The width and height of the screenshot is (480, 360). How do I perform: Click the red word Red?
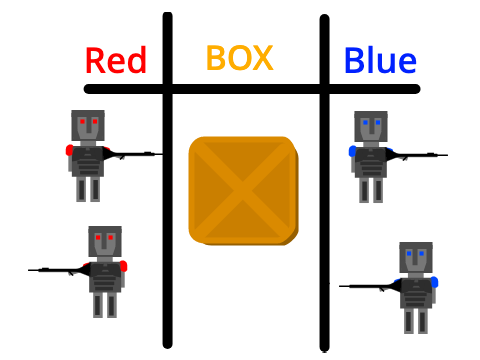tap(116, 60)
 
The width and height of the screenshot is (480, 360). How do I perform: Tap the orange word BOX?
tap(240, 58)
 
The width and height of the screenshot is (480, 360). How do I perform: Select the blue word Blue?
tap(380, 60)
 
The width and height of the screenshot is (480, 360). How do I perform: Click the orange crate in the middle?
tap(243, 191)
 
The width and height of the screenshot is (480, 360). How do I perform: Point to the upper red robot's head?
tap(88, 126)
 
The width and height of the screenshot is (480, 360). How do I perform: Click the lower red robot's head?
tap(105, 242)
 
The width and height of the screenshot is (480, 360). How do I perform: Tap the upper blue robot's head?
tap(371, 127)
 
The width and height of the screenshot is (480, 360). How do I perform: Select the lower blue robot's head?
tap(416, 258)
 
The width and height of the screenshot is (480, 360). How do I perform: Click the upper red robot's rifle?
tap(133, 154)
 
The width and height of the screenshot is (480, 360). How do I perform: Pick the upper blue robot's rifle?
tap(417, 155)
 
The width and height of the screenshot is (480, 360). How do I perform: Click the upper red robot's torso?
tap(88, 162)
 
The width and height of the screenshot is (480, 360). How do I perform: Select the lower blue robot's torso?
tap(416, 293)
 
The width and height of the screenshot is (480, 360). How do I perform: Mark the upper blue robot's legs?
tap(371, 190)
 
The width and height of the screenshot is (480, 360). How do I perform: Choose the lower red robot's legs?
tap(105, 305)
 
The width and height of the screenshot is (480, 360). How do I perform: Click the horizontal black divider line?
tap(252, 89)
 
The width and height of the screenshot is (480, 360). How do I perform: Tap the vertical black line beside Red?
tap(168, 180)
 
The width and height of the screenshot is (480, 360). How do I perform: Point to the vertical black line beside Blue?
tap(324, 183)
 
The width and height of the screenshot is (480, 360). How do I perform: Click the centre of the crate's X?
tap(243, 191)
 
